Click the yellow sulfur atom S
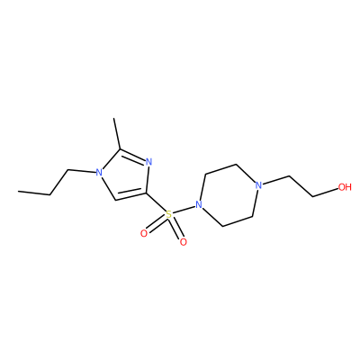click(169, 215)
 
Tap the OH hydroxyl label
click(345, 187)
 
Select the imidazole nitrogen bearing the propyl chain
click(99, 173)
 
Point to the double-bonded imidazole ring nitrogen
click(149, 162)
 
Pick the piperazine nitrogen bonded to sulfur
click(198, 205)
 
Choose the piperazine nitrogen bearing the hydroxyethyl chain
click(258, 185)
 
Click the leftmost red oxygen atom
click(144, 233)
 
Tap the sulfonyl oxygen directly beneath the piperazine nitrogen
click(183, 242)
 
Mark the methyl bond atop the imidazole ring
click(117, 134)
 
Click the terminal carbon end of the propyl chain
click(18, 192)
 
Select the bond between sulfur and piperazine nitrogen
click(184, 210)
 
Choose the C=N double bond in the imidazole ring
click(133, 156)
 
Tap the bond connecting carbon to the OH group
click(325, 193)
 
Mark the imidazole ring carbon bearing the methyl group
click(121, 149)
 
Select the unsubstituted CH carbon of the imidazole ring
click(115, 200)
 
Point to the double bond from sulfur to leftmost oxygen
click(157, 224)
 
